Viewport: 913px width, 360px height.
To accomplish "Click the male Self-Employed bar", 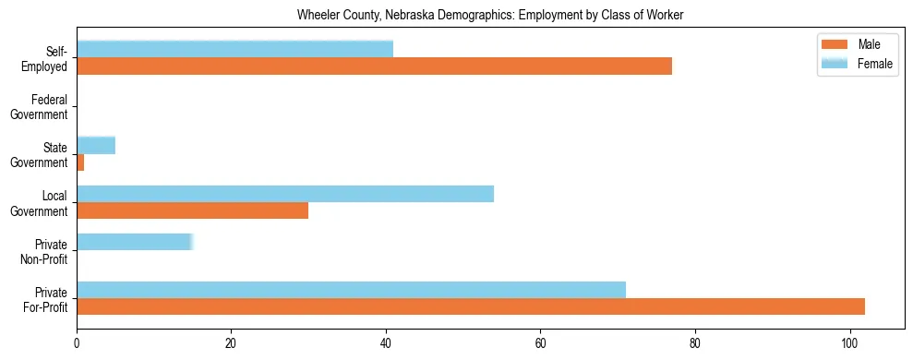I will [x=374, y=66].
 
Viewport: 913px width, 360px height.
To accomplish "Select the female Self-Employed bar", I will [x=234, y=49].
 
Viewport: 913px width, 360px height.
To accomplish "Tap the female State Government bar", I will [x=96, y=145].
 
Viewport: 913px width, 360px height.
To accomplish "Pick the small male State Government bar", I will [x=80, y=162].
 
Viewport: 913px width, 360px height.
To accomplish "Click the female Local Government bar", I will [x=285, y=193].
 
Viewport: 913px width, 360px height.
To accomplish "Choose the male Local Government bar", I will [x=192, y=210].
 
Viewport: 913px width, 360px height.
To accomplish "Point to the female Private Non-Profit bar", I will [x=134, y=242].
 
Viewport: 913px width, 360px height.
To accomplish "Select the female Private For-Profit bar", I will [x=351, y=290].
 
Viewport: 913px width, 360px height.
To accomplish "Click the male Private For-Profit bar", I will [x=471, y=306].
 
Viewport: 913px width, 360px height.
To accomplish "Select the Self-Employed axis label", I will [x=47, y=58].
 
